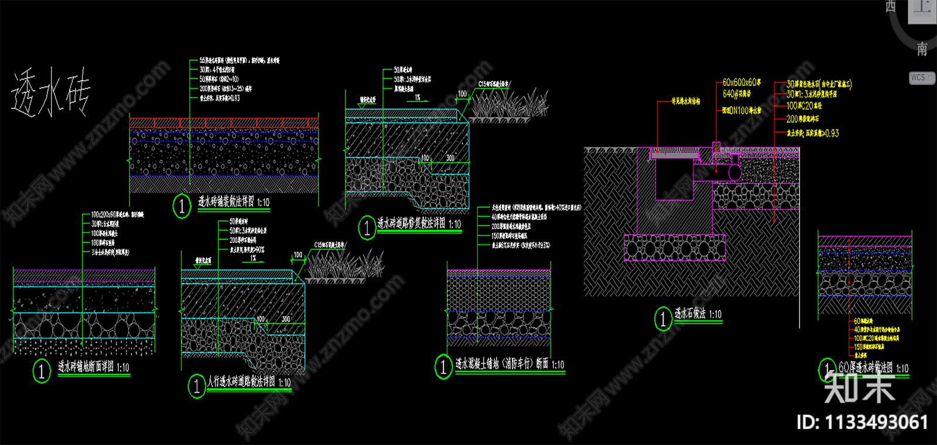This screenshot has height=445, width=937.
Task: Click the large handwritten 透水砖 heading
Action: coord(51,92)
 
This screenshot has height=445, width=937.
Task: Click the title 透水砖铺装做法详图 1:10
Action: coord(233,202)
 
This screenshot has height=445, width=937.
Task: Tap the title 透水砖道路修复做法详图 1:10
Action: coord(419,223)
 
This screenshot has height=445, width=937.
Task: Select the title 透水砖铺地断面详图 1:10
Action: coord(94,367)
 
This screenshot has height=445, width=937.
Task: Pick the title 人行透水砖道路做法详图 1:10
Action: coord(249,382)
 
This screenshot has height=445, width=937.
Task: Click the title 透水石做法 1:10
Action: coord(698,314)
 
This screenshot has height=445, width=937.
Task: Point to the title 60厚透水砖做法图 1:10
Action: coord(873,368)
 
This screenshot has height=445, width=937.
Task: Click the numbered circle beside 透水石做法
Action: coord(662,319)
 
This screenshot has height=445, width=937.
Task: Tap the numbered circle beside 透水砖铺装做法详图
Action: coord(182,206)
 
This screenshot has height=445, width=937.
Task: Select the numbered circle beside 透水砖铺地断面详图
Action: coord(42,371)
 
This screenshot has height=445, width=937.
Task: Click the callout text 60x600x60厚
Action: coord(741,83)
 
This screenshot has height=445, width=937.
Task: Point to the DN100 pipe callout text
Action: coord(741,110)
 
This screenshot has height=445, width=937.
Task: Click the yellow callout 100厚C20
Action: coord(803,106)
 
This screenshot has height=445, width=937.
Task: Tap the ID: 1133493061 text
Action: coord(862,422)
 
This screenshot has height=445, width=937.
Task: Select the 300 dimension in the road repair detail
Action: coord(450,158)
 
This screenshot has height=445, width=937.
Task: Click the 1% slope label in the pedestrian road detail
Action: coord(253,258)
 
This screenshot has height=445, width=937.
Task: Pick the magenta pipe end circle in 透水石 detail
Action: coord(734,172)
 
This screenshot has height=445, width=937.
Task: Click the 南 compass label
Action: coord(922,49)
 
